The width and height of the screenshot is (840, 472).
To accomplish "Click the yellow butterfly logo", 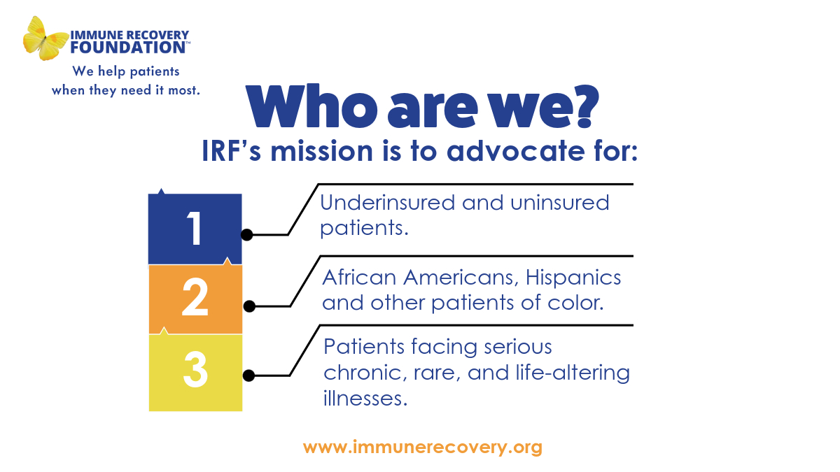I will coord(46,38).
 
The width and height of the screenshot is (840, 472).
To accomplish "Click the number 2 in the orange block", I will coord(195,299).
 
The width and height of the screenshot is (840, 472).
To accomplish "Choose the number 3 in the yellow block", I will coord(195,371).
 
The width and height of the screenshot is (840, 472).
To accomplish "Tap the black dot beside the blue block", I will coord(246,235).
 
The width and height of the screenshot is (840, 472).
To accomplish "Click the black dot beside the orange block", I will coord(248,306).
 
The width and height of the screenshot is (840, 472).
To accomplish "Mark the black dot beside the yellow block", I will coord(248,376).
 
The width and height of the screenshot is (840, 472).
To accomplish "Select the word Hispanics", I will coord(572,278).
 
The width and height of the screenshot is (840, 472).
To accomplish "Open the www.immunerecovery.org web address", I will coord(422,447).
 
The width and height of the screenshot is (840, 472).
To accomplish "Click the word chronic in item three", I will coord(361,373).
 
